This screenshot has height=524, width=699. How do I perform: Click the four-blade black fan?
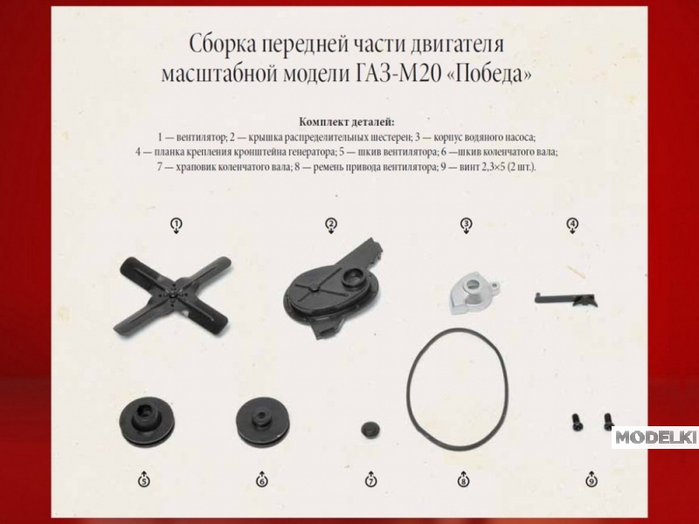173,296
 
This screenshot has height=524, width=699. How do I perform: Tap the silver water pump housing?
474,293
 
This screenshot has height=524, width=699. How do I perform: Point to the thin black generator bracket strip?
565,299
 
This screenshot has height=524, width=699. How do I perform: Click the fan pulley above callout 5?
147,421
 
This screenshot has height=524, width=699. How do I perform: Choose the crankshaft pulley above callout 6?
263,422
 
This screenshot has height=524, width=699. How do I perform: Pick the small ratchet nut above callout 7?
370,430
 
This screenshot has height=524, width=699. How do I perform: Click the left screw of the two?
576,422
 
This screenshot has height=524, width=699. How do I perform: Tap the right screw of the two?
607,421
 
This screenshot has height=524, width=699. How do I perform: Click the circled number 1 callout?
176,225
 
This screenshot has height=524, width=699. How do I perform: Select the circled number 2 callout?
331,225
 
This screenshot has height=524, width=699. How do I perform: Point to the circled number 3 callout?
466,225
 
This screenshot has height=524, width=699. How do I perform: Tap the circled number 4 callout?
572,225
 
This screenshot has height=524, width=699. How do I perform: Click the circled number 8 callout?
463,479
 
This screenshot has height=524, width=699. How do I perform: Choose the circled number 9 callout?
592,479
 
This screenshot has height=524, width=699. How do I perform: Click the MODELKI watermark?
654,438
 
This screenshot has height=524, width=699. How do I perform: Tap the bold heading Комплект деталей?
347,121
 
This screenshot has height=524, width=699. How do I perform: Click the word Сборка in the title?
222,45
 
